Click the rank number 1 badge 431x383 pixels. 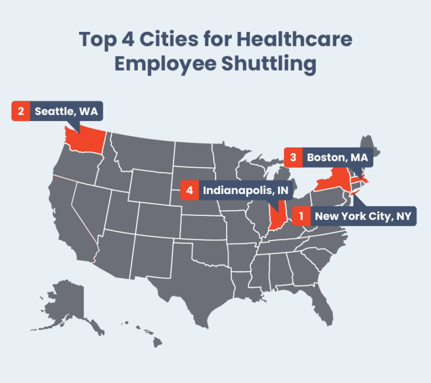pyautogui.click(x=301, y=216)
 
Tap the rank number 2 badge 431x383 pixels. pyautogui.click(x=21, y=111)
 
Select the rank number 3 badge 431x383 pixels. pyautogui.click(x=293, y=158)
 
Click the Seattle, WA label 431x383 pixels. pyautogui.click(x=66, y=111)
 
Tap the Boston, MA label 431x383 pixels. pyautogui.click(x=337, y=158)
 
